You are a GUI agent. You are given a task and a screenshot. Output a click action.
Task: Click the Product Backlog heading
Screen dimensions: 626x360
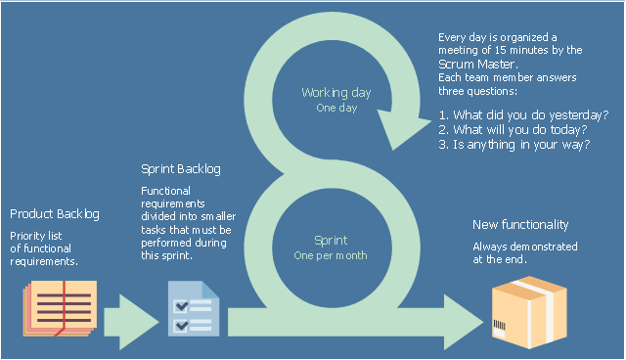[x=55, y=214]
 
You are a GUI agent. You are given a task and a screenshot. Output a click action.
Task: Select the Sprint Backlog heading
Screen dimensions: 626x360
[x=181, y=169]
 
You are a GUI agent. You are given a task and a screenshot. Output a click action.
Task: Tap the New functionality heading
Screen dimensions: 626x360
[x=520, y=225]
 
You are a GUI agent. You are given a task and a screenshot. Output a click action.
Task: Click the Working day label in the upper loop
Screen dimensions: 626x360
[x=336, y=93]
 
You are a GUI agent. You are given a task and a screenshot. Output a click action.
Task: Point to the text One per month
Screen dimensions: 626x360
[x=331, y=255]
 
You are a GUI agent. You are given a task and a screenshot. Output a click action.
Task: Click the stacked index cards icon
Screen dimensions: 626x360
[x=61, y=308]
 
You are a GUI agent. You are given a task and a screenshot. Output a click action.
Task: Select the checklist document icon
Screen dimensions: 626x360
[x=194, y=308]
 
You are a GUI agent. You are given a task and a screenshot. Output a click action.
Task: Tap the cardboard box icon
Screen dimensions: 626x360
[x=529, y=312]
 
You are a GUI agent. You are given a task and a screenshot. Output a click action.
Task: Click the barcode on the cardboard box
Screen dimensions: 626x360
[x=500, y=326]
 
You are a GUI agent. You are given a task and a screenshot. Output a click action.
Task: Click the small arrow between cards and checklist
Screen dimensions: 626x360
[x=131, y=322]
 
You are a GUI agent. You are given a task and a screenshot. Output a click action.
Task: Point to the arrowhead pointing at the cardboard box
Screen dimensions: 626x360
[x=464, y=322]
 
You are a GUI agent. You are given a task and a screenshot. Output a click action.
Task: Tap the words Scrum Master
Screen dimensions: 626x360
[x=477, y=65]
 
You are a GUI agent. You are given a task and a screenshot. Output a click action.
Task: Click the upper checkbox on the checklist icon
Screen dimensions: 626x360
[x=181, y=306]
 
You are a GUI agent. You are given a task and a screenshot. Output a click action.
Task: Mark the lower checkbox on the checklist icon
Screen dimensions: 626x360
[x=181, y=326]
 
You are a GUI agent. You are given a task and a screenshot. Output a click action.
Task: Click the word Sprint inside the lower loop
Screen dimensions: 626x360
[x=331, y=241]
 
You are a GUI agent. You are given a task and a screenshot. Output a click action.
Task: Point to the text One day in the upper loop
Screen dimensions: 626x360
[x=336, y=108]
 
